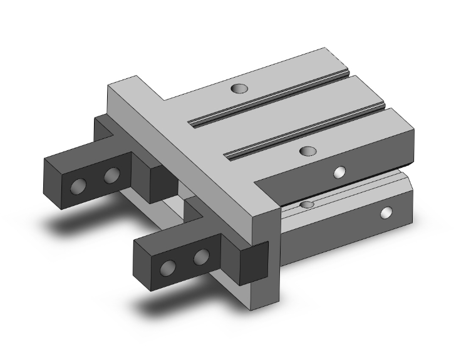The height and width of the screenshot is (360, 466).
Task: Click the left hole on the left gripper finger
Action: point(80,186)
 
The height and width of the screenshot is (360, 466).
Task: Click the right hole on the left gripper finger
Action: point(111,175)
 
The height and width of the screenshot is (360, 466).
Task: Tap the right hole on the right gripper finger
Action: point(201,257)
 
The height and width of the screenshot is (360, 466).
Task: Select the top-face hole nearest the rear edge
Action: point(238,90)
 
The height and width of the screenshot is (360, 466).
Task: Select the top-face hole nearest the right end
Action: point(307,151)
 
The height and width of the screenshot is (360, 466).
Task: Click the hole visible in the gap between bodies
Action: point(306,205)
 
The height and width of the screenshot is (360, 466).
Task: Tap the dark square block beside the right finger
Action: point(253,262)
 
